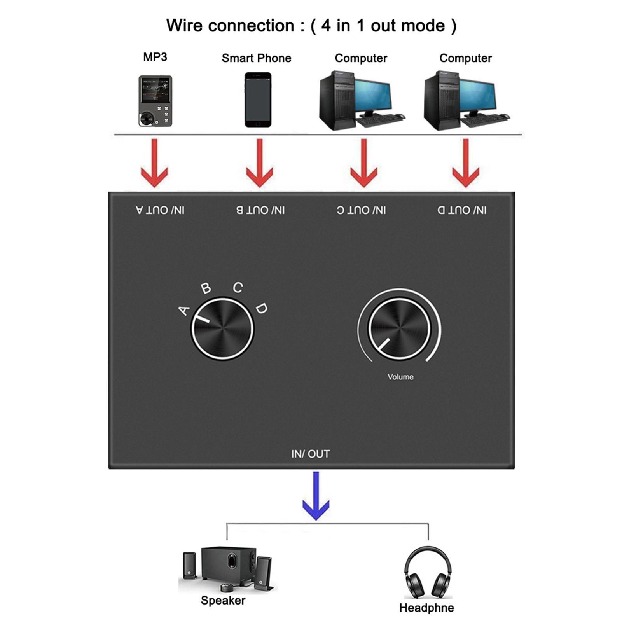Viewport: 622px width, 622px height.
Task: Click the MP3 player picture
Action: pos(155,101)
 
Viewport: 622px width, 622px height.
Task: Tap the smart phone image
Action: pos(258,100)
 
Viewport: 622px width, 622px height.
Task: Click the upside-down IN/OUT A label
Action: pos(160,210)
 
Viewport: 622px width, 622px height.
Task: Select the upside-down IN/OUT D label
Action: pos(462,210)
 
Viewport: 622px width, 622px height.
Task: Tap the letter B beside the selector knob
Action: pos(206,288)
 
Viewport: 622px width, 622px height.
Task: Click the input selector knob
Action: pos(222,329)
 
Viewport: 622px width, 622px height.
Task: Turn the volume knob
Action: pos(399,329)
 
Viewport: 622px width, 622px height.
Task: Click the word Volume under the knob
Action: pos(400,377)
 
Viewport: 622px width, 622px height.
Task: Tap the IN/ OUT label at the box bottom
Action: pos(310,454)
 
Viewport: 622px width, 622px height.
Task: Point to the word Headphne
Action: pos(426,608)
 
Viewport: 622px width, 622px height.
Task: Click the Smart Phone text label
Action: pos(256,58)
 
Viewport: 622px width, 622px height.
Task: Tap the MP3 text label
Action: pos(155,57)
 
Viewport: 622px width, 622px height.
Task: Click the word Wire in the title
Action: pos(184,26)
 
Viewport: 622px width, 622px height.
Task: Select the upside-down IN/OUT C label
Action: pos(361,210)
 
